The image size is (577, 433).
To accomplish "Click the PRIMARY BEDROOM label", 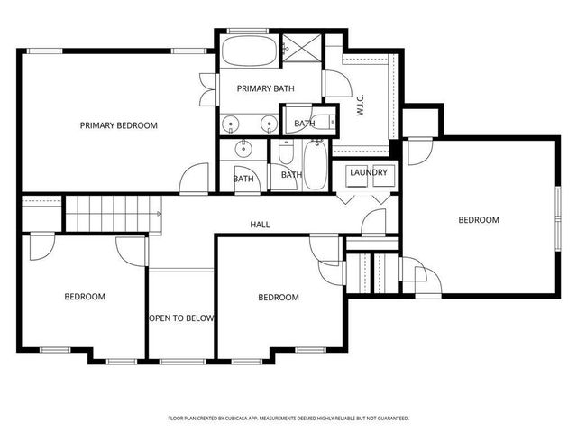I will coord(118,125).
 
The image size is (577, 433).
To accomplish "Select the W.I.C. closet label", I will coord(360,105).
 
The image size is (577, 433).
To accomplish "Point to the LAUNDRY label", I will coord(368,172).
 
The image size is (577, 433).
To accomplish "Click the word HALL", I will coord(260,225).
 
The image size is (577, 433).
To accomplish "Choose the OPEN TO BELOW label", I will coord(180,318).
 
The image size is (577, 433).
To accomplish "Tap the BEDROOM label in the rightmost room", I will coord(478,219).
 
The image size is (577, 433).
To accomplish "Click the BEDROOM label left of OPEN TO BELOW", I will coord(84,297).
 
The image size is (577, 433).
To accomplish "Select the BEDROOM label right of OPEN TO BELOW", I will coord(278,298).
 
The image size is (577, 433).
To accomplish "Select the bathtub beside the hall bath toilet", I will coord(314,164).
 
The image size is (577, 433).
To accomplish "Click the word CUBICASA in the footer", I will coord(259,419).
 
